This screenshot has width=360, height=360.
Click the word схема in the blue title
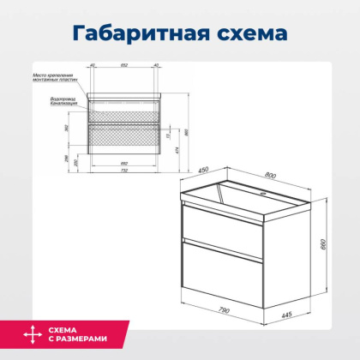click(x=249, y=34)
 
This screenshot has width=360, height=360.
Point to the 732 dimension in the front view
click(x=124, y=170)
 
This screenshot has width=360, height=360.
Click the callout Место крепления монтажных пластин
click(x=58, y=79)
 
